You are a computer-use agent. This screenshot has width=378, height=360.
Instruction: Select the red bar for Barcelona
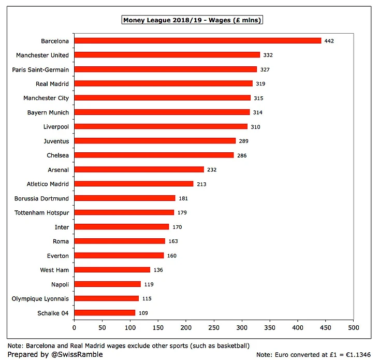[x=197, y=40]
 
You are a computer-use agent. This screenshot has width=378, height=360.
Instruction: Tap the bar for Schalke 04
[x=105, y=313]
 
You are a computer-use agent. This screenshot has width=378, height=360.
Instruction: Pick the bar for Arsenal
[x=139, y=169]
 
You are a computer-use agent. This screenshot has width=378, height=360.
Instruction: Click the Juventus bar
[x=155, y=141]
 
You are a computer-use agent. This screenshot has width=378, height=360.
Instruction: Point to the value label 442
[x=329, y=40]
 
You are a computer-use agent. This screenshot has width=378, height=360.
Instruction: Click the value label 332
[x=268, y=55]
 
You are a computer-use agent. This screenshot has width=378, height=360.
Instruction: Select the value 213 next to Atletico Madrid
[x=201, y=184]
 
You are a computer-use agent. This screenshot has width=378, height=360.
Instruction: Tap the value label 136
[x=158, y=270]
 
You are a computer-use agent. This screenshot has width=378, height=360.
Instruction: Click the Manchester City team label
[x=46, y=98]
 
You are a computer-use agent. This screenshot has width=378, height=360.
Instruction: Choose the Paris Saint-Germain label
[x=40, y=69]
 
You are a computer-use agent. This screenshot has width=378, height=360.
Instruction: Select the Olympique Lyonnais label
[x=40, y=298]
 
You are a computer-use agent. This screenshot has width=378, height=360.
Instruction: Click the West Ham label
[x=54, y=270]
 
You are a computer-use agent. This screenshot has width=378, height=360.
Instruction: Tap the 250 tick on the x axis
[x=214, y=327]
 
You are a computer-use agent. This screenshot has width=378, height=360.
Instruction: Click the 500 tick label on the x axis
[x=354, y=327]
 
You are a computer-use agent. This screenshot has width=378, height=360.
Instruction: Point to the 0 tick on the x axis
[x=74, y=327]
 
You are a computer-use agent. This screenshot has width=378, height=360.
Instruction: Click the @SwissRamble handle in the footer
[x=78, y=354]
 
